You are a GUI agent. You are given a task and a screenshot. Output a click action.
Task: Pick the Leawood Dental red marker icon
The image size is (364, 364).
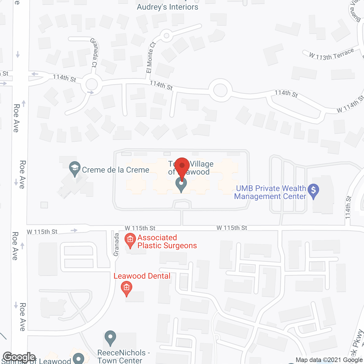click(127, 288)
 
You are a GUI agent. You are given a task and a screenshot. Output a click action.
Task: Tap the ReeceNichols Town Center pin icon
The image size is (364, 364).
click(110, 338)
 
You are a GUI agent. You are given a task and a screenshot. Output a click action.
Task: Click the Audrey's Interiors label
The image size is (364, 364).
click(167, 7)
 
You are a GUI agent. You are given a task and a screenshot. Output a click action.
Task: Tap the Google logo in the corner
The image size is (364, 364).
click(19, 357)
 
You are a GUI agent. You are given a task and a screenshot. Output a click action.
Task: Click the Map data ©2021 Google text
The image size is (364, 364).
click(329, 360)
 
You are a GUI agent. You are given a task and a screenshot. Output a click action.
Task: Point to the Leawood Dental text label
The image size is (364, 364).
click(142, 276)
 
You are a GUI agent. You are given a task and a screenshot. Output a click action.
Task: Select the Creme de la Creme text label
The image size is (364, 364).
click(115, 170)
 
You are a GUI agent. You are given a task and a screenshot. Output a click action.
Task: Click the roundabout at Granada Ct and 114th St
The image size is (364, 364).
click(91, 84)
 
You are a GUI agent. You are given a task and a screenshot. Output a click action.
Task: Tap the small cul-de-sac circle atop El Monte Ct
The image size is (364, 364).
click(166, 36)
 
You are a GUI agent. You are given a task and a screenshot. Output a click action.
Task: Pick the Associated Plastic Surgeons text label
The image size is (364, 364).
click(167, 241)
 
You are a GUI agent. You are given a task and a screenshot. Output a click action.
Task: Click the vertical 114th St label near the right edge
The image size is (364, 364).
click(348, 207)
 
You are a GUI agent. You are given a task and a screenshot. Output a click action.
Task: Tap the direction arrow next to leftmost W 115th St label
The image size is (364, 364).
click(74, 230)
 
